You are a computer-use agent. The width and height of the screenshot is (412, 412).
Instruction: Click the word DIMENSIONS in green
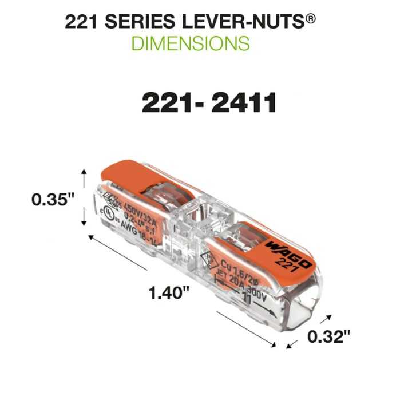point(191,43)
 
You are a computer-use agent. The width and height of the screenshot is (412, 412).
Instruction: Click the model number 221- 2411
point(209,104)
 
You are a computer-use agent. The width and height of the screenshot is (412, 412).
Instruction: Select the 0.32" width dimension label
point(328,337)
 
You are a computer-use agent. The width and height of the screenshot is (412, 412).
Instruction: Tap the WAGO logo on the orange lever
point(288,254)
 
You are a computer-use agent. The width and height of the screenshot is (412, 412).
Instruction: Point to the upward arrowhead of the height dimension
point(85,172)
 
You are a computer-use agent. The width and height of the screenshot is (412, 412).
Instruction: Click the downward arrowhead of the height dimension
point(85,223)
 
